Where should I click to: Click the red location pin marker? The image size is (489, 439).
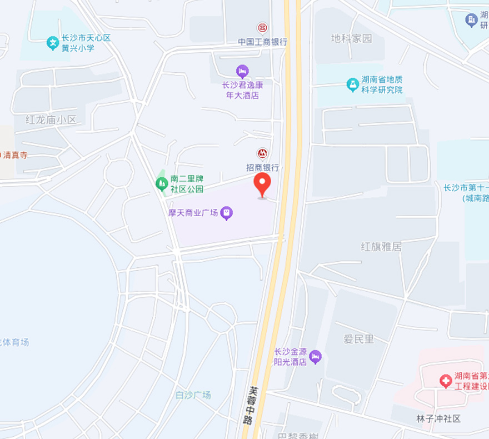[262, 184]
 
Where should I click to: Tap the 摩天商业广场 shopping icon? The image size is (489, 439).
[226, 212]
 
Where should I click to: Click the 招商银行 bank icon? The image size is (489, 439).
[262, 153]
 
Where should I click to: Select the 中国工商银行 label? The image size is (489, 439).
[262, 42]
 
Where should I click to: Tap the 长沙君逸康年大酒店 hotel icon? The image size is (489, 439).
[242, 71]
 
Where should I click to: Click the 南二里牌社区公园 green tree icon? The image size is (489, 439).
[161, 182]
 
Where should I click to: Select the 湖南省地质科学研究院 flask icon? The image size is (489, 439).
[352, 84]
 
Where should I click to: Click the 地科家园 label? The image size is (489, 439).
[351, 38]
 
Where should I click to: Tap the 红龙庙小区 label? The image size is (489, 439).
[51, 119]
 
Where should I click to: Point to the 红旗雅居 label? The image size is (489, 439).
[381, 246]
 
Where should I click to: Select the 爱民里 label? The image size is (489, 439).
[358, 339]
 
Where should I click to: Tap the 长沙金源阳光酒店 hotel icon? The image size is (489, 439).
[316, 356]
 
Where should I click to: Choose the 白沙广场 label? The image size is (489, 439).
[193, 395]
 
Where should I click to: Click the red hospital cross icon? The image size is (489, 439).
[445, 381]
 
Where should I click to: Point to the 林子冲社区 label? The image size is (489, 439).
[438, 418]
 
